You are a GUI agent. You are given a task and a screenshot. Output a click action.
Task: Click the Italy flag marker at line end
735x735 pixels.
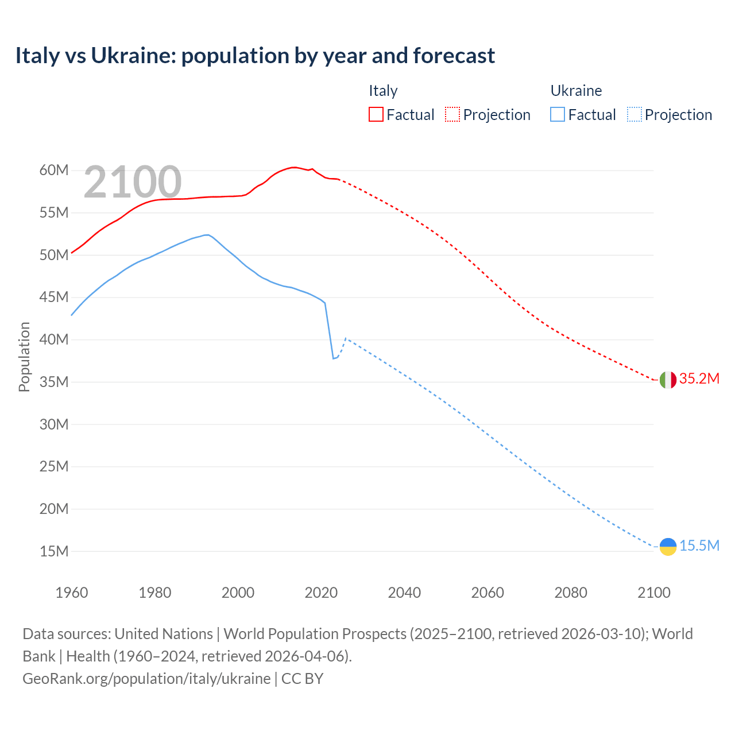pyautogui.click(x=668, y=380)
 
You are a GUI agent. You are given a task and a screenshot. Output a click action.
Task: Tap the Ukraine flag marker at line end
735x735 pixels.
pyautogui.click(x=668, y=547)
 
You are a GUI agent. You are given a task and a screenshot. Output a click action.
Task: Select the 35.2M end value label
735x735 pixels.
pyautogui.click(x=699, y=379)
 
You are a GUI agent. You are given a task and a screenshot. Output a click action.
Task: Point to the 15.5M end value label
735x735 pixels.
pyautogui.click(x=699, y=546)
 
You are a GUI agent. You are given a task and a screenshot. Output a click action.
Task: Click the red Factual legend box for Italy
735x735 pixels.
pyautogui.click(x=376, y=114)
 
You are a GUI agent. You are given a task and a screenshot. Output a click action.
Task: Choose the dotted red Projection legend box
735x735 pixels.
pyautogui.click(x=452, y=114)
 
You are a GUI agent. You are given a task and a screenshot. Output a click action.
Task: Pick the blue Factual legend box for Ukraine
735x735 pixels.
pyautogui.click(x=558, y=114)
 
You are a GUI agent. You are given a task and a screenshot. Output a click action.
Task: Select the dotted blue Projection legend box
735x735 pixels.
pyautogui.click(x=635, y=114)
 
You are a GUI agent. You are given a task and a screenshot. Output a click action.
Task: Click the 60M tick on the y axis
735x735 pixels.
pyautogui.click(x=54, y=171)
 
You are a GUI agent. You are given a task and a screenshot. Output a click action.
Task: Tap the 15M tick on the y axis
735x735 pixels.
pyautogui.click(x=54, y=552)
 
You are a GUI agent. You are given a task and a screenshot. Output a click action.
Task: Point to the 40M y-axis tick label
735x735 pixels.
pyautogui.click(x=54, y=340)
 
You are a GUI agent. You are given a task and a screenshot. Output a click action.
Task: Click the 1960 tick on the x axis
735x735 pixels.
pyautogui.click(x=72, y=593)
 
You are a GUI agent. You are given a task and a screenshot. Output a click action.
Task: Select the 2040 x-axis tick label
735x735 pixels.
pyautogui.click(x=404, y=593)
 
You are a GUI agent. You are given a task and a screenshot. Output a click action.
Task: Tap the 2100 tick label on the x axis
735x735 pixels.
pyautogui.click(x=654, y=593)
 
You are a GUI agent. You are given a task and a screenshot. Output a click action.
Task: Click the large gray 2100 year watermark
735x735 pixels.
pyautogui.click(x=133, y=182)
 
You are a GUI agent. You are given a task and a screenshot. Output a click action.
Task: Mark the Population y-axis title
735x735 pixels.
pyautogui.click(x=24, y=357)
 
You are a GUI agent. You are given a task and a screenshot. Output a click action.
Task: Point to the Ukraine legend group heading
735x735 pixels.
pyautogui.click(x=576, y=91)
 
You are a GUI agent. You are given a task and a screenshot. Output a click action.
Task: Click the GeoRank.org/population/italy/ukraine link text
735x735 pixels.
pyautogui.click(x=146, y=679)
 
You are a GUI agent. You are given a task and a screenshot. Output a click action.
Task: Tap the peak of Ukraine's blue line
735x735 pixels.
pyautogui.click(x=206, y=235)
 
